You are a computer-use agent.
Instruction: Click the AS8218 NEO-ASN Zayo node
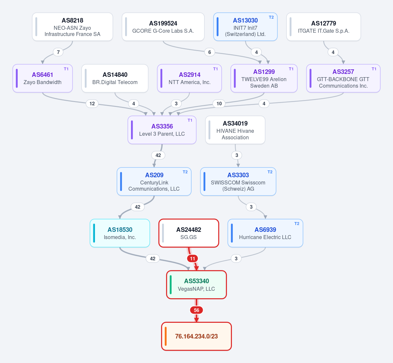coord(72,27)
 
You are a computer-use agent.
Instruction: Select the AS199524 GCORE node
coord(163,27)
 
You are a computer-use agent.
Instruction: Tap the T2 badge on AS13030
coord(271,17)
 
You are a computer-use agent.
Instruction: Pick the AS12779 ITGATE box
coord(324,27)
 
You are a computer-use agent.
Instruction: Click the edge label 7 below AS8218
coord(58,52)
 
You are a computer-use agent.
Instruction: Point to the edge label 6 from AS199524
coord(210,52)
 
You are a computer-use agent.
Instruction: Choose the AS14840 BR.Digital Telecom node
coord(115,78)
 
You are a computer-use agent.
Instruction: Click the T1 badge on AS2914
coord(215,69)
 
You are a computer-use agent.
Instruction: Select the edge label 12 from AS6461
coord(92,104)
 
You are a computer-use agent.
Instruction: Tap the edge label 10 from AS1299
coord(219,104)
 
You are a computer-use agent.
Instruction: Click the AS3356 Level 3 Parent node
coord(162,130)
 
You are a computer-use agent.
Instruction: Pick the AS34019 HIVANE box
coord(235,130)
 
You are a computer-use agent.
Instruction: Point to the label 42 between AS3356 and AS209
coord(158,155)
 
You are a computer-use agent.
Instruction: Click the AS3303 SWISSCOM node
coord(238,181)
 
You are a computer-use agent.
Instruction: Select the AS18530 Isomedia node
coord(120,233)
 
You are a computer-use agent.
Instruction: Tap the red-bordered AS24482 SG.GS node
coord(189,233)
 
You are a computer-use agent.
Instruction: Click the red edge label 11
coord(192,258)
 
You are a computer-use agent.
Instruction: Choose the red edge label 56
coord(196,310)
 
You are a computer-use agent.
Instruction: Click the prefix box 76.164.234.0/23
coord(196,336)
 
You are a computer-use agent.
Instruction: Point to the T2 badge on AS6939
coord(297,224)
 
